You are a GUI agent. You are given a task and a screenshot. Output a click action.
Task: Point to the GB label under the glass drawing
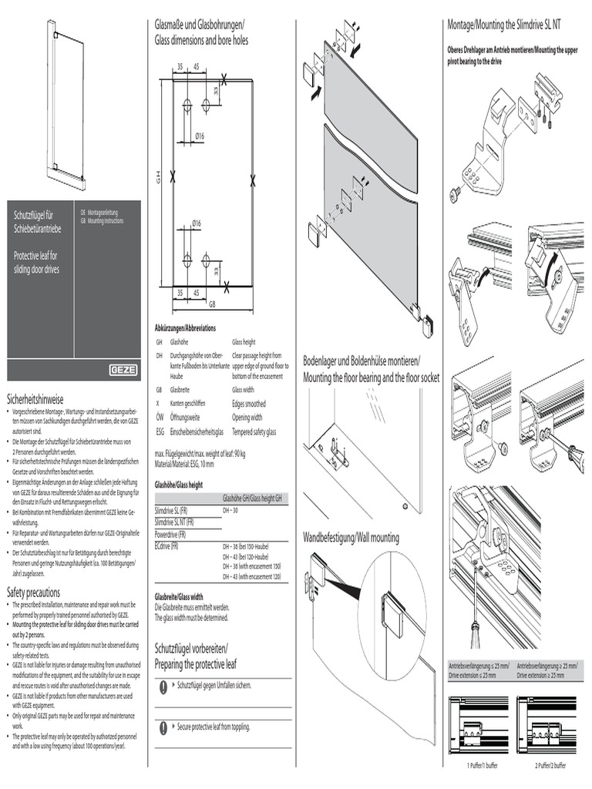pos(212,304)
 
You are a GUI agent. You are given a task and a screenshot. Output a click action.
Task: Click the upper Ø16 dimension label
pos(199,136)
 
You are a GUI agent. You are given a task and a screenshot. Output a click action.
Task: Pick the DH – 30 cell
pos(230,511)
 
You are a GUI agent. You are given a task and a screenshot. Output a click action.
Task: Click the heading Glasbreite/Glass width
pos(179,596)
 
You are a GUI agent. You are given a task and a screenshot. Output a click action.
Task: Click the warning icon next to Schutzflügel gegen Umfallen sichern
pos(163,685)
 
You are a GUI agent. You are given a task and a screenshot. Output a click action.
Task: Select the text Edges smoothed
pos(249,403)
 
